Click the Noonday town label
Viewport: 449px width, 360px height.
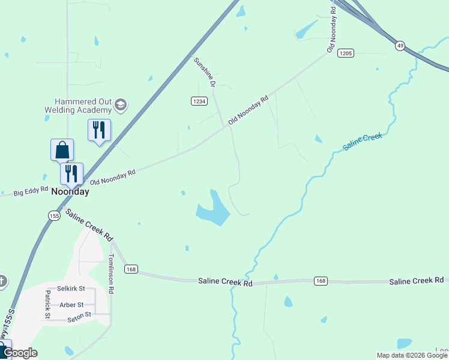click(70, 192)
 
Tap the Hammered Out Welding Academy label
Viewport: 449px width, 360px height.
click(78, 106)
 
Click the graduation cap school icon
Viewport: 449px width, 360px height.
click(121, 106)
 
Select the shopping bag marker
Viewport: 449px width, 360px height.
click(62, 150)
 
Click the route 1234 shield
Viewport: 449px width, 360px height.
click(199, 101)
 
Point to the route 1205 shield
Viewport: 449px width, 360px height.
click(345, 53)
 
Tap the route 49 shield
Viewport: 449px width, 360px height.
click(400, 46)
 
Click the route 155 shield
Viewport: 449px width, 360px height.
click(55, 215)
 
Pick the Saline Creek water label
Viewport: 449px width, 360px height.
click(362, 142)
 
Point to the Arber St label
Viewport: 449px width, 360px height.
click(71, 305)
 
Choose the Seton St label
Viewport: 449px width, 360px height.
click(79, 315)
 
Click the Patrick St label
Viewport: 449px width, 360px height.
click(47, 304)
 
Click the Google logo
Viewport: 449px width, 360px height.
click(20, 353)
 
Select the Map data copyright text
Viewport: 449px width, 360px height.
click(412, 355)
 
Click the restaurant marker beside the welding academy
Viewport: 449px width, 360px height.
click(99, 130)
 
